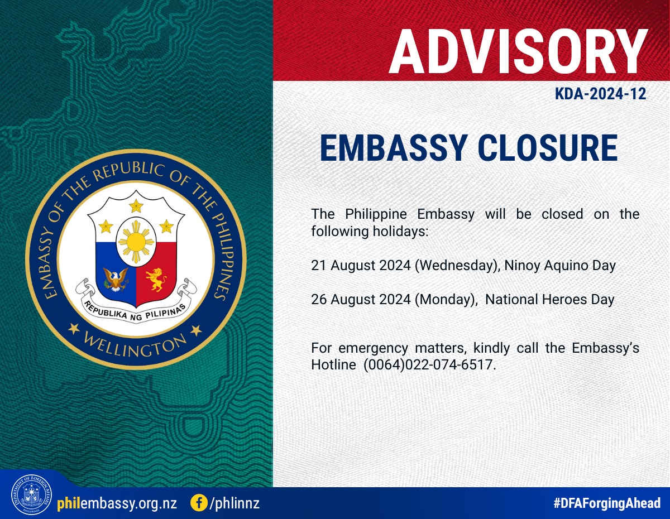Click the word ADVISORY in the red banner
(518, 51)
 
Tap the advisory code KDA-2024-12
(600, 94)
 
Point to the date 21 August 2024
(361, 265)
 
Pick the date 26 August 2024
(361, 299)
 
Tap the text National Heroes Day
(550, 300)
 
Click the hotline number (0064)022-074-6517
(429, 365)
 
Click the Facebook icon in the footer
(199, 503)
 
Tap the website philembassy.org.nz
(117, 503)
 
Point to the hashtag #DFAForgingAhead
(607, 503)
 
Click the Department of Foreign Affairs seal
(31, 495)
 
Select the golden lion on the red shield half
(156, 280)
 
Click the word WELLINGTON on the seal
(135, 344)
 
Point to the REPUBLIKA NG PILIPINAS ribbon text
(135, 311)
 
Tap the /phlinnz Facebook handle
(234, 503)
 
